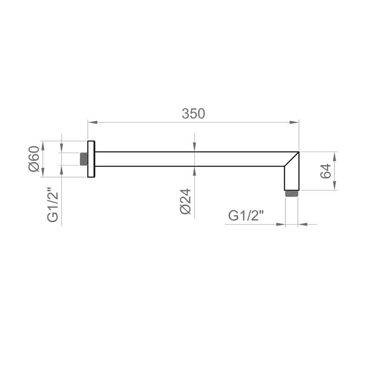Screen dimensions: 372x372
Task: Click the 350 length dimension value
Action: (x=193, y=114)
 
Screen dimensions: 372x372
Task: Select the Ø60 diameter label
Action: (x=34, y=159)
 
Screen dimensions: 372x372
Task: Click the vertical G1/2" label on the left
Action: (x=53, y=205)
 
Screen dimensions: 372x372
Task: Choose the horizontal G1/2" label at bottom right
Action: (x=246, y=216)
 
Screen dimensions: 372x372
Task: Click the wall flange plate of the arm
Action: (x=91, y=159)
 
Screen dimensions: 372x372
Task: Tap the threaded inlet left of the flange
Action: (x=84, y=159)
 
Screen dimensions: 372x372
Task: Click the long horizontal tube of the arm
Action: (x=186, y=159)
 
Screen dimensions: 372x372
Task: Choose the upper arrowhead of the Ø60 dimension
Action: (x=42, y=145)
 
